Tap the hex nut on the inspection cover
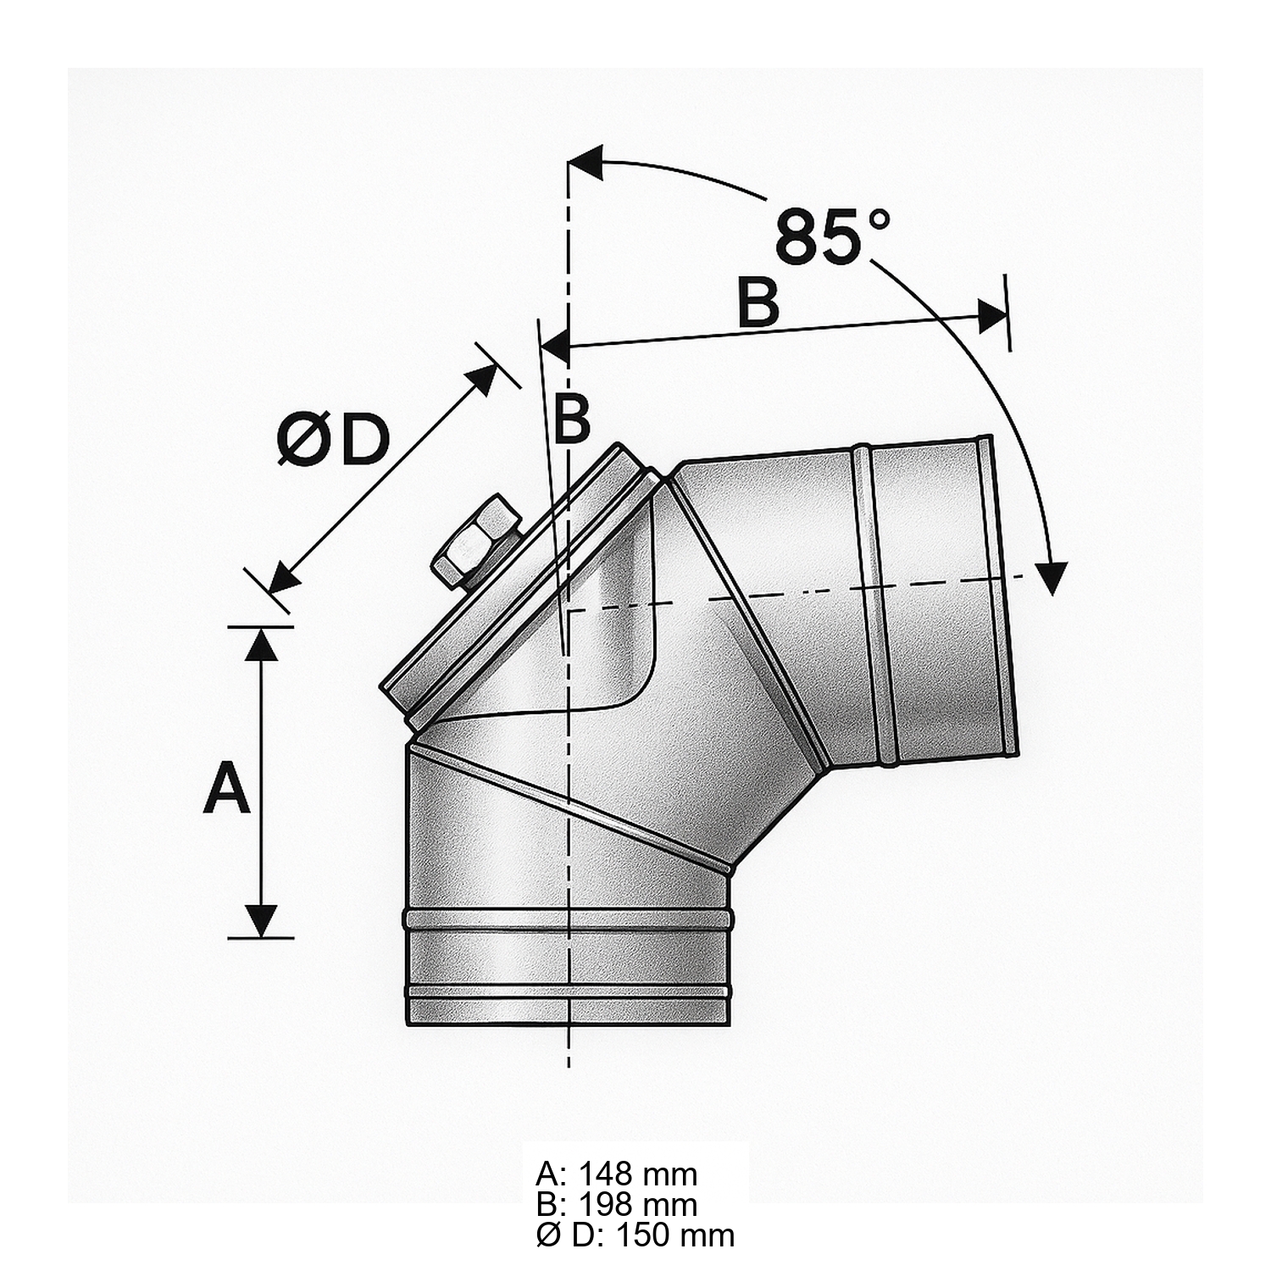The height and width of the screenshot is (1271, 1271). tap(477, 543)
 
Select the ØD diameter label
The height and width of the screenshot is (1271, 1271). tap(332, 441)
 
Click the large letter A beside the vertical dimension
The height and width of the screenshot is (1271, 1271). tap(227, 787)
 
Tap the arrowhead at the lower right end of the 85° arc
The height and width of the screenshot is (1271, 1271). tap(1054, 578)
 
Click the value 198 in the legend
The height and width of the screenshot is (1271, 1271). tap(606, 1205)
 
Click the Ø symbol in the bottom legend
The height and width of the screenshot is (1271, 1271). tap(546, 1235)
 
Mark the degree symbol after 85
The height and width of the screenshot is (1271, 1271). tap(880, 219)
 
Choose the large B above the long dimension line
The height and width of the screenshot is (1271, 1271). tap(758, 302)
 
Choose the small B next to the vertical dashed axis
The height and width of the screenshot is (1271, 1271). tap(571, 419)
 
